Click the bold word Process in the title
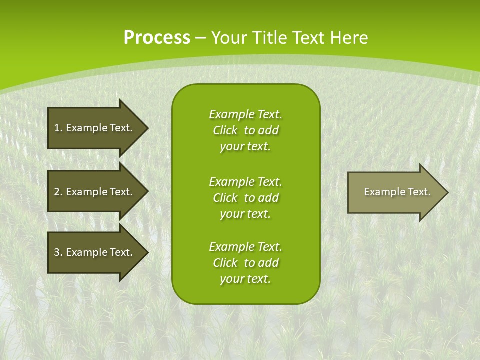point(157,38)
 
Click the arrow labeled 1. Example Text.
point(93,128)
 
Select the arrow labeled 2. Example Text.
point(93,192)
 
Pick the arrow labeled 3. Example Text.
point(93,252)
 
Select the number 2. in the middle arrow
point(58,192)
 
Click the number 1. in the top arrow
point(58,128)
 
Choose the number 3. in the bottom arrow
point(58,252)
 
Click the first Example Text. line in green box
point(245,114)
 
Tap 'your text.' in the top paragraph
point(245,147)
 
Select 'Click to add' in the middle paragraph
point(245,198)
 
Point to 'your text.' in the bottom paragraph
point(245,279)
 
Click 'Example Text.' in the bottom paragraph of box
point(245,247)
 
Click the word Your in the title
point(227,38)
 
